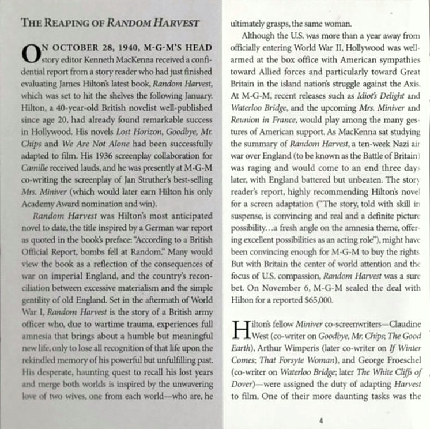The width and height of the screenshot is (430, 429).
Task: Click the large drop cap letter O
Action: [30, 53]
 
